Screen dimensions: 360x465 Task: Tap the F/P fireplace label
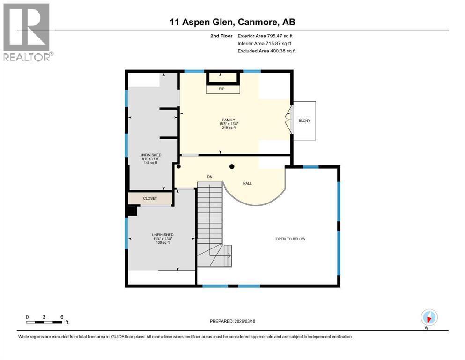[x=223, y=89]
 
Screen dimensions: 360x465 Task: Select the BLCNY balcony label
[x=304, y=120]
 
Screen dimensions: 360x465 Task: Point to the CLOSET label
[x=150, y=198]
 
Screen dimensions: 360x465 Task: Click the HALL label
[x=247, y=183]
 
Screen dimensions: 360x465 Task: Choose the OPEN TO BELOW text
[x=290, y=239]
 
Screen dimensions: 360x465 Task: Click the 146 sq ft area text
[x=150, y=163]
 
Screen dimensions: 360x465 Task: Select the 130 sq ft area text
[x=163, y=243]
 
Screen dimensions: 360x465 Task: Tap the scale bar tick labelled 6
[x=61, y=317]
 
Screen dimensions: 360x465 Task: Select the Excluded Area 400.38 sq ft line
[x=266, y=51]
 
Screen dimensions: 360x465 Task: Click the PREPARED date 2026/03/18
[x=232, y=321]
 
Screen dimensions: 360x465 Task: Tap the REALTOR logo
[x=27, y=31]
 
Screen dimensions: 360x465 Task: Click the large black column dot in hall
[x=231, y=166]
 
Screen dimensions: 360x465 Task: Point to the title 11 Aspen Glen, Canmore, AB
[x=232, y=22]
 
